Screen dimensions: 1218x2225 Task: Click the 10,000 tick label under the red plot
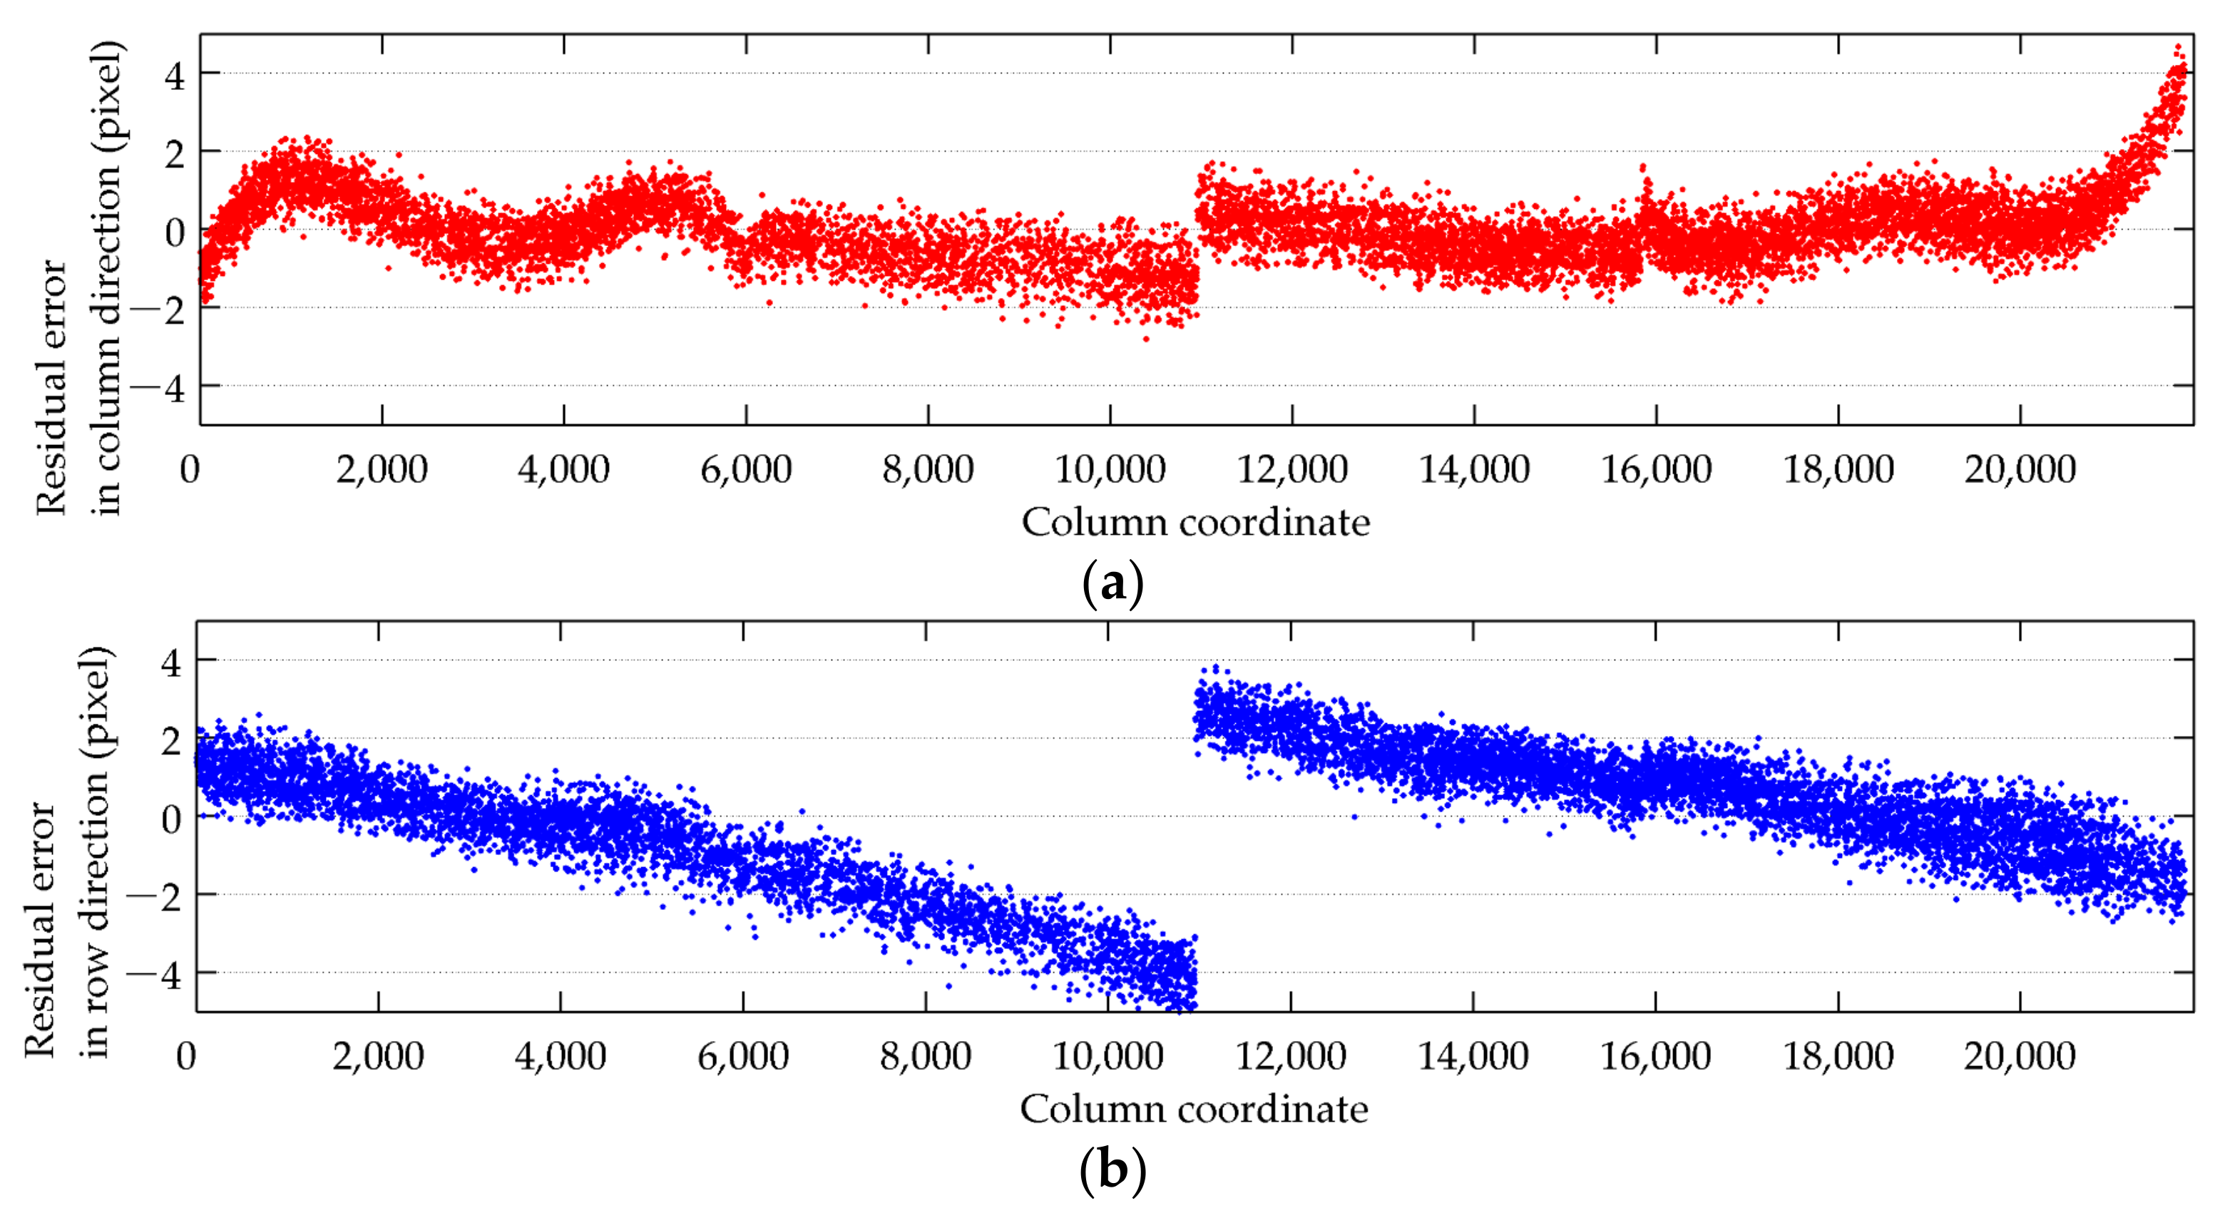tap(1110, 471)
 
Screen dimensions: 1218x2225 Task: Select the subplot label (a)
tap(1112, 585)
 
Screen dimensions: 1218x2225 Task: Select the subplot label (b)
tap(1112, 1172)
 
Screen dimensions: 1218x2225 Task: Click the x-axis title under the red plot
tap(1195, 523)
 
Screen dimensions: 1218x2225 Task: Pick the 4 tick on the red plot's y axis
tap(175, 75)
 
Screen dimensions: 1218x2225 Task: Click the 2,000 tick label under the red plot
tap(382, 471)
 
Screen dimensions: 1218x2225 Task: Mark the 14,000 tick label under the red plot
tap(1474, 471)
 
